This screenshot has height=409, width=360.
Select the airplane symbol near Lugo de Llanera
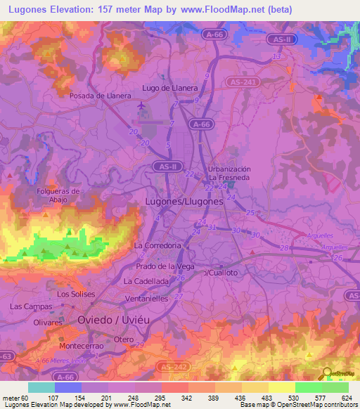[143, 105]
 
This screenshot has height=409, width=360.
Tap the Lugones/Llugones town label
[184, 201]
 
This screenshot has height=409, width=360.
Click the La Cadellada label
[146, 280]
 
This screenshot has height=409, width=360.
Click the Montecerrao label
[83, 346]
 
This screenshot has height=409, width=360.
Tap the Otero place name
[124, 339]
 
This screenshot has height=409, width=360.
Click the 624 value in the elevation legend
[347, 397]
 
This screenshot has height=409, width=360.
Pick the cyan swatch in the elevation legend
[41, 387]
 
